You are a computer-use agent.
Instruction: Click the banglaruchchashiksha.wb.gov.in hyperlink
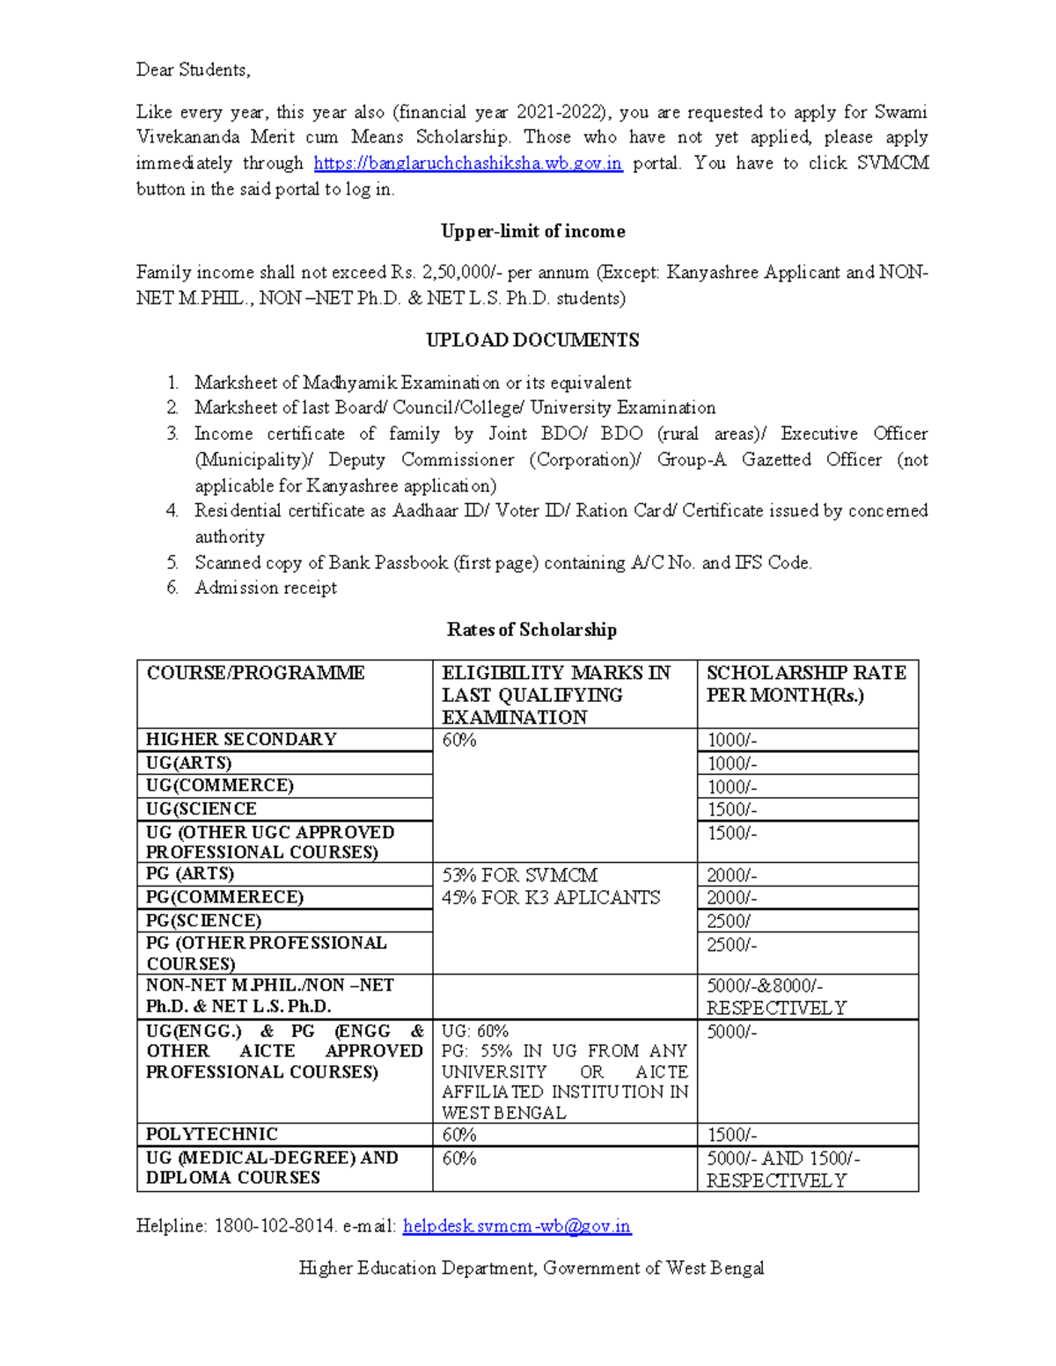[467, 164]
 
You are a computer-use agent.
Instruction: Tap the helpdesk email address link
[517, 1226]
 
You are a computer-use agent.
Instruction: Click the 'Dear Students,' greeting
[193, 70]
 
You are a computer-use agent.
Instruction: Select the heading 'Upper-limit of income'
[532, 231]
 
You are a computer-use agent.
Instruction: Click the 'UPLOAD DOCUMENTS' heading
[532, 340]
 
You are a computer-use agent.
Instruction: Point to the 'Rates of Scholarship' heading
[532, 630]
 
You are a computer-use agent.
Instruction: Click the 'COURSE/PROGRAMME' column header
[255, 674]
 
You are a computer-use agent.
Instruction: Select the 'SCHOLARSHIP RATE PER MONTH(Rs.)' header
[805, 684]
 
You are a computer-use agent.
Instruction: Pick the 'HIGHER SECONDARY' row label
[241, 740]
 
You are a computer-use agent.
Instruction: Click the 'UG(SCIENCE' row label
[202, 809]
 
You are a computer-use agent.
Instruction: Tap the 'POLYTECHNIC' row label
[212, 1135]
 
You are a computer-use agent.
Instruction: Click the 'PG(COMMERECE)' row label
[224, 897]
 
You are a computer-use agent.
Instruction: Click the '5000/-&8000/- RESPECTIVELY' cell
[776, 997]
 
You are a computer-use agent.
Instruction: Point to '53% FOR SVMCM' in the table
[519, 876]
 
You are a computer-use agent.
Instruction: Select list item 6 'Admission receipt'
[266, 588]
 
